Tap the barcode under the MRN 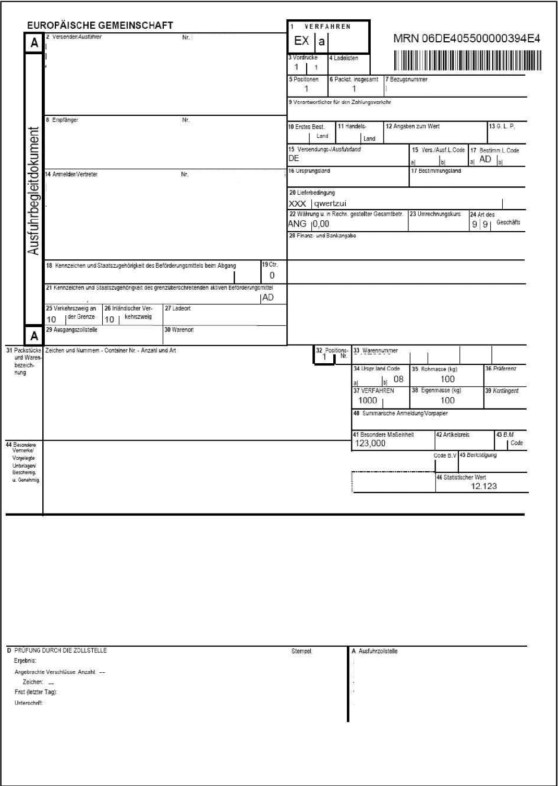pos(468,61)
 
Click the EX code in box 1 pos(301,41)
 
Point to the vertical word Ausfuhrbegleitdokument pos(33,190)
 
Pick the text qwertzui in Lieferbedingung pos(330,204)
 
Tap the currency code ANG pos(297,224)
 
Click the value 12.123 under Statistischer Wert pos(484,486)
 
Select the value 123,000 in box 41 pos(370,443)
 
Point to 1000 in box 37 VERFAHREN pos(367,400)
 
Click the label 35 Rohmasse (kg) pos(434,369)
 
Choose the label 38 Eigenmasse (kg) pos(436,390)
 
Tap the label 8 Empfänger pos(63,120)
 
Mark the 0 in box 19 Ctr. pos(272,276)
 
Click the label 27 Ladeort pos(178,308)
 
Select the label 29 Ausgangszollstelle pos(72,330)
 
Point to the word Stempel pos(302,651)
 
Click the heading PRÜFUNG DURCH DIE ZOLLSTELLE pos(60,650)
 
